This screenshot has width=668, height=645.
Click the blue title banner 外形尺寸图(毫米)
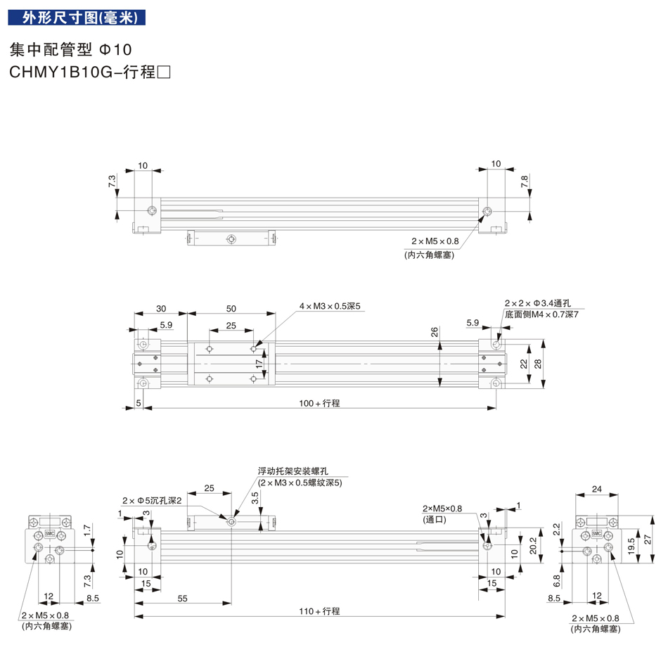click(x=77, y=18)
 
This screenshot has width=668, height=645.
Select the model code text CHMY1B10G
click(x=61, y=72)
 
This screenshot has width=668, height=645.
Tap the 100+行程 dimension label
click(x=319, y=403)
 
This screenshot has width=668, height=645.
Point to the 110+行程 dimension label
click(x=319, y=611)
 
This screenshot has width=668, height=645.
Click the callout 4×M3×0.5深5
click(x=329, y=306)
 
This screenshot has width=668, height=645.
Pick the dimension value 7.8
click(x=524, y=181)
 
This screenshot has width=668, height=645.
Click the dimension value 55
click(x=182, y=599)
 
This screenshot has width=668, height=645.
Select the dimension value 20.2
click(x=533, y=546)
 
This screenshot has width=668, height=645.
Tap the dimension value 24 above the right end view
click(x=596, y=489)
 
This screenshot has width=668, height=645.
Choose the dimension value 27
click(x=648, y=539)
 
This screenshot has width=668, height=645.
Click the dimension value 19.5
click(x=631, y=546)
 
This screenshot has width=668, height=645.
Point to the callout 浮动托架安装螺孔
click(x=293, y=471)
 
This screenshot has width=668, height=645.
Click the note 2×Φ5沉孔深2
click(x=152, y=501)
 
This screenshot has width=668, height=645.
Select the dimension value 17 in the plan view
click(x=259, y=364)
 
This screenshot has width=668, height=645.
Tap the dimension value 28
click(x=538, y=364)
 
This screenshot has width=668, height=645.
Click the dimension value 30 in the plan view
click(x=161, y=309)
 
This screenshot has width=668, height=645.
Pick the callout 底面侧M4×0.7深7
click(x=541, y=314)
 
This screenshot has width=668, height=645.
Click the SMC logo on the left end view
click(x=50, y=533)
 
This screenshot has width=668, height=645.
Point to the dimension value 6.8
click(x=557, y=581)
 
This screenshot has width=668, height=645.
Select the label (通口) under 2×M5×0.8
click(x=434, y=519)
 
